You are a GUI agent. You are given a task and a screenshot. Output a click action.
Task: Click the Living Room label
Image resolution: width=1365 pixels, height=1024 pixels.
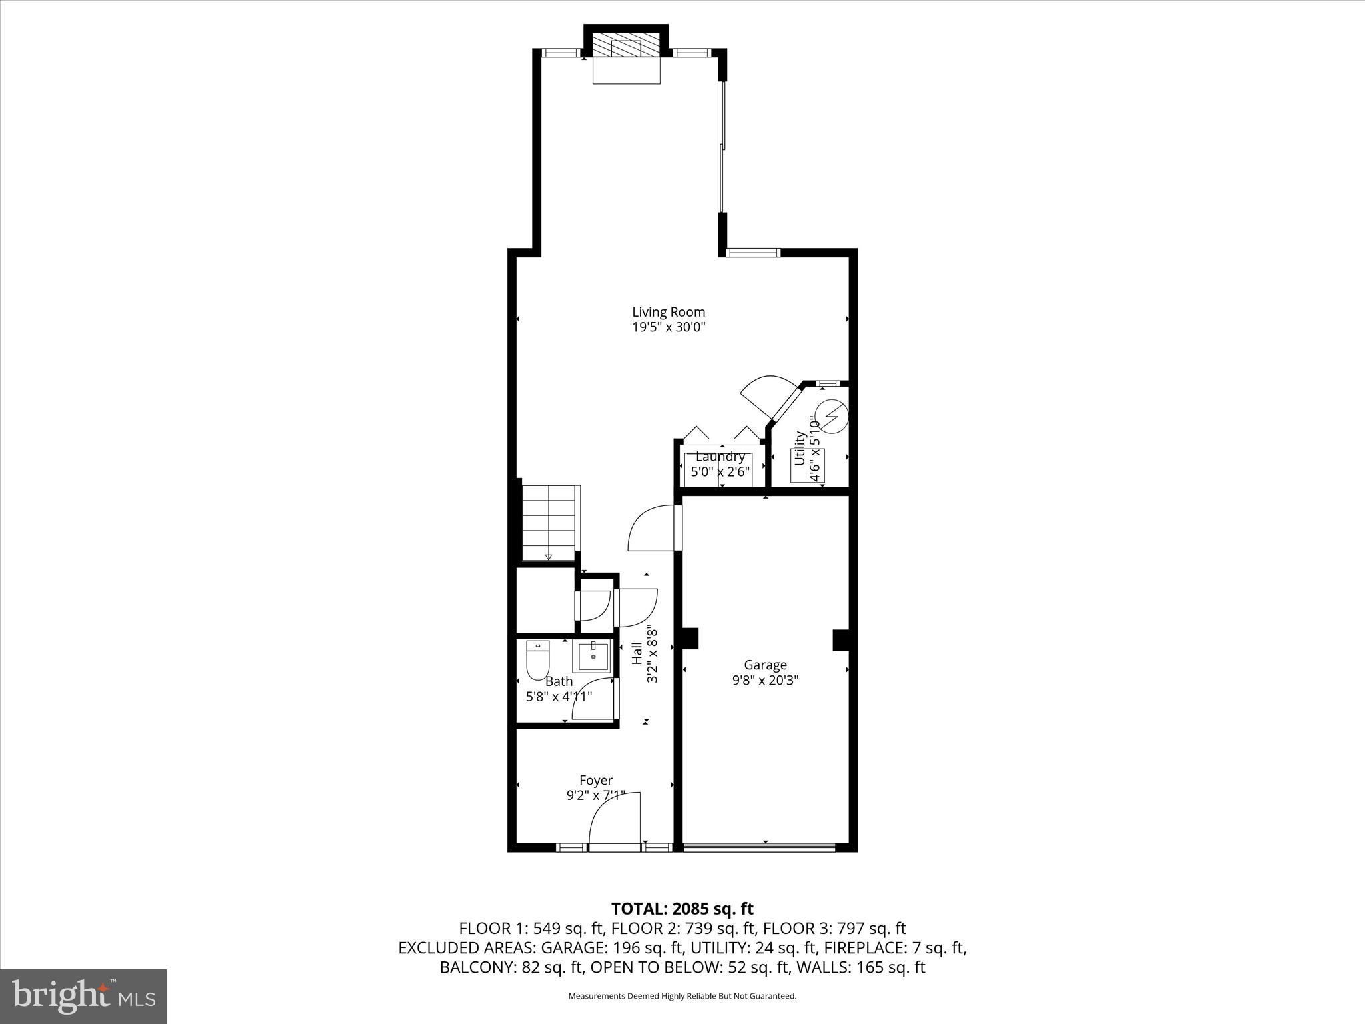[668, 311]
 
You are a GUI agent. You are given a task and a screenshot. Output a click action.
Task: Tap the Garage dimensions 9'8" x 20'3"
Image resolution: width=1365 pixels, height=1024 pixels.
[765, 680]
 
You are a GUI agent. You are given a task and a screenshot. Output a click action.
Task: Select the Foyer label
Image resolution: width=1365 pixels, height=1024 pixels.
[595, 780]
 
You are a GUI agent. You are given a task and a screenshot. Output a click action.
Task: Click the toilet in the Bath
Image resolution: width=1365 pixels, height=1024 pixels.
[537, 659]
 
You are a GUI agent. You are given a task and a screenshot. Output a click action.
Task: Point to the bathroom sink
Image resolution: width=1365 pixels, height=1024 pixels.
[593, 656]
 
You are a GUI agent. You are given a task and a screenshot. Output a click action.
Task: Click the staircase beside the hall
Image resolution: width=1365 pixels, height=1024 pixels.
[548, 523]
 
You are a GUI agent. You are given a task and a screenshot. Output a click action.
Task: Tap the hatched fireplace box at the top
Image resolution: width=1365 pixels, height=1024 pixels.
[626, 48]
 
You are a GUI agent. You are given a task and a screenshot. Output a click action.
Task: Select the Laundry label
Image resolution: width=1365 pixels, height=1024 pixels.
[720, 457]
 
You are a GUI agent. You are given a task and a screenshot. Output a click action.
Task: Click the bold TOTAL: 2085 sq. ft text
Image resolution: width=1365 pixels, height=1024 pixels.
[682, 909]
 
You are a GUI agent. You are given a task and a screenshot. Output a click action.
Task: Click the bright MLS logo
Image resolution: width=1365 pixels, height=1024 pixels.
[83, 996]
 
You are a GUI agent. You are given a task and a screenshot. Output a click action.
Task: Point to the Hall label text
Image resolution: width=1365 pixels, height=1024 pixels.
[637, 653]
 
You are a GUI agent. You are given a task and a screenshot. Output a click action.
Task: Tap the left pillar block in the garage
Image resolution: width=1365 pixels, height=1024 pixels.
[689, 638]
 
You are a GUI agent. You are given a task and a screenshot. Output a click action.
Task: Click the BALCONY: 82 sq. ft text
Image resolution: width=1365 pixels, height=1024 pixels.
[511, 967]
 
